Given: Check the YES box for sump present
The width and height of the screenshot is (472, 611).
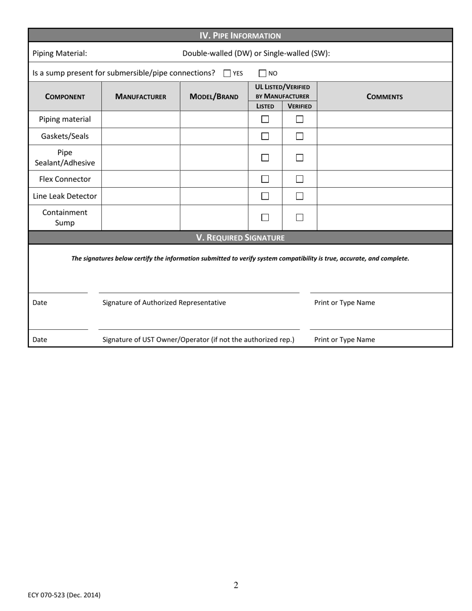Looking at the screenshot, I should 227,74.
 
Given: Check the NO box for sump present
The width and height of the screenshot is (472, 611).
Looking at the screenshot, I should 263,74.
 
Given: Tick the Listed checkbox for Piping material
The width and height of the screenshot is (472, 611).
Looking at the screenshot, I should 265,119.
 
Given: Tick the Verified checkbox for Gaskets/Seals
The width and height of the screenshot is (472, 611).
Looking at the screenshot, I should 300,136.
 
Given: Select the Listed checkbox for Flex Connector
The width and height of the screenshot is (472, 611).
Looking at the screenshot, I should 265,179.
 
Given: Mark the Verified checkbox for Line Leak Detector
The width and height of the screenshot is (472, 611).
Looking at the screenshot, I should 300,196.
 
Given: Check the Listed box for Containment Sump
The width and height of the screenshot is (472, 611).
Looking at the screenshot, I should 265,218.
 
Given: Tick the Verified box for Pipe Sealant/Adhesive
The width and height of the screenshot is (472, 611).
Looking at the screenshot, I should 300,157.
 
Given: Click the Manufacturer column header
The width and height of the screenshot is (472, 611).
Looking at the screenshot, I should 141,97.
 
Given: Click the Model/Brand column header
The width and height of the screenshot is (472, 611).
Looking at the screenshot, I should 214,97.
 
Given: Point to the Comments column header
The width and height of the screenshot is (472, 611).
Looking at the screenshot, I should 385,97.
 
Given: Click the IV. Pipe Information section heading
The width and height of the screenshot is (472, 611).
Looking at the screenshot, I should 240,35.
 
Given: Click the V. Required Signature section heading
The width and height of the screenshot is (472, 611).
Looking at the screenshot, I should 240,237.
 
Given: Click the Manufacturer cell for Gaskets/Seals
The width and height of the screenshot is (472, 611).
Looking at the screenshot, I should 141,136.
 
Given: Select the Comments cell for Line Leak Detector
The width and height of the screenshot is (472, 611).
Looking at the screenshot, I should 385,196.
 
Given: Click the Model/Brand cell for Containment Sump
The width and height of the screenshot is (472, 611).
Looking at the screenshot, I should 214,218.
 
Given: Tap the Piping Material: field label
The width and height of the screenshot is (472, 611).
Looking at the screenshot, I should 60,53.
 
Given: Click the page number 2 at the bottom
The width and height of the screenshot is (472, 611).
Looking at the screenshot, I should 236,585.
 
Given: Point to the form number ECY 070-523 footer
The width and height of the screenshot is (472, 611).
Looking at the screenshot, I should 64,595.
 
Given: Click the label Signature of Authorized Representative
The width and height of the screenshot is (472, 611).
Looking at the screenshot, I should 164,303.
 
